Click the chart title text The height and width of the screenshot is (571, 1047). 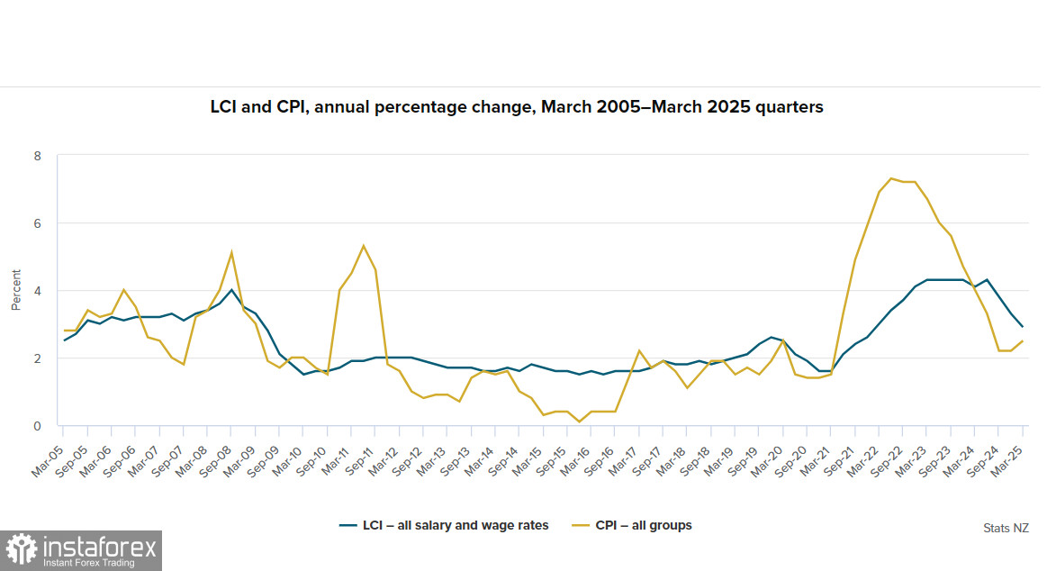coord(517,107)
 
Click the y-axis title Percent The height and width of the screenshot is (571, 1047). coord(15,290)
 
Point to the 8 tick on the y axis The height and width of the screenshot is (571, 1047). coord(38,156)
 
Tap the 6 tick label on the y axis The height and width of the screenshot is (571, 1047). coord(38,223)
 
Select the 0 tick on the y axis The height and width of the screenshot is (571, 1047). coord(38,426)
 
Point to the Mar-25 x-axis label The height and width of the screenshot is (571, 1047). coord(1010,449)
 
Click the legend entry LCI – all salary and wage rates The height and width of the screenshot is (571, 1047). coord(443,525)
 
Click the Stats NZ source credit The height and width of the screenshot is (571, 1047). coord(1006,528)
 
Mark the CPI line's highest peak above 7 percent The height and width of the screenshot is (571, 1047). coord(890,178)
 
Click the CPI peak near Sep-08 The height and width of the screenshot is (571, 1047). coord(232,252)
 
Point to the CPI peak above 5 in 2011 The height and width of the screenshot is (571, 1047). coord(363,246)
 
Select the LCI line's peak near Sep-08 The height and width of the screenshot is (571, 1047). coord(232,290)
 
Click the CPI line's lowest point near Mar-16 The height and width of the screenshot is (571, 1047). coord(580,421)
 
